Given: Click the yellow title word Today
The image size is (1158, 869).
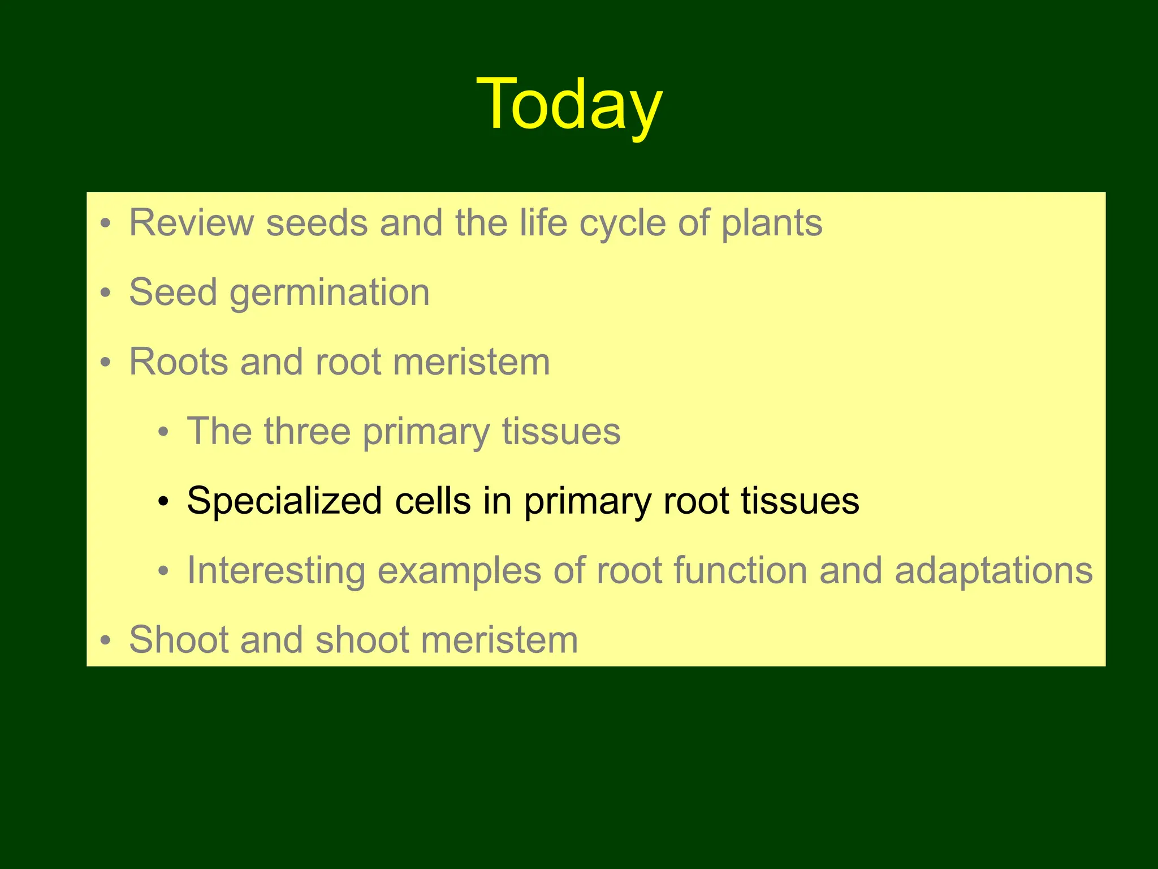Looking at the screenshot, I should click(569, 105).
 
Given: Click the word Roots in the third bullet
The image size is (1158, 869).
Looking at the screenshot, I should click(178, 362).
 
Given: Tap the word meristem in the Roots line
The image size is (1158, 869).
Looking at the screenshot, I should click(471, 362).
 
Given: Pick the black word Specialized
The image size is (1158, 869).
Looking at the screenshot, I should click(284, 501).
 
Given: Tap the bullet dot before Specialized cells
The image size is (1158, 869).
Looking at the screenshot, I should click(163, 502).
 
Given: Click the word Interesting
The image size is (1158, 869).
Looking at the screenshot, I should click(276, 570).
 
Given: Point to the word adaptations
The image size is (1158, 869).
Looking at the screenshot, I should click(993, 570).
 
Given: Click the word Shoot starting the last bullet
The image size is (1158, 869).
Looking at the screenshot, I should click(178, 640).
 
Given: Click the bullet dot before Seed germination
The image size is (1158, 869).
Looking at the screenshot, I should click(105, 294).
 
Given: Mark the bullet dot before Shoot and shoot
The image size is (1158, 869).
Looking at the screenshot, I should click(105, 641).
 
